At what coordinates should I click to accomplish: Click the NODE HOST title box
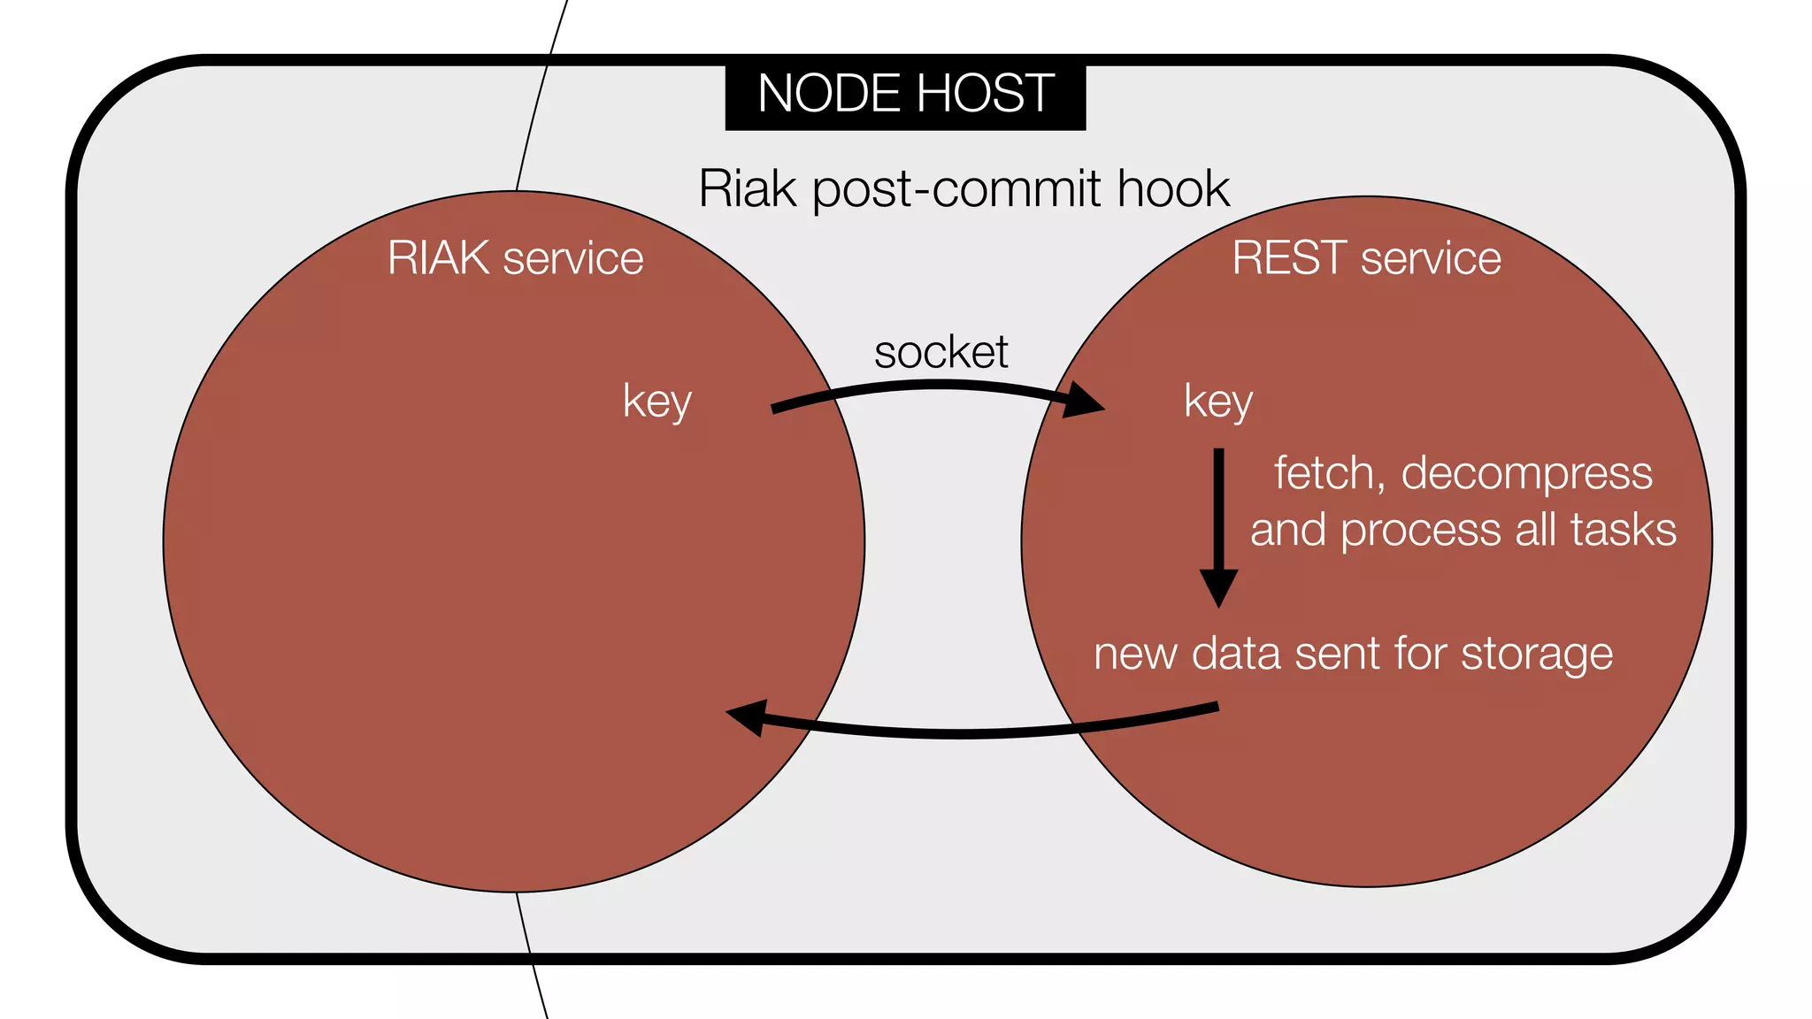[905, 96]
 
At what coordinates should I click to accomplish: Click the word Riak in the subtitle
[747, 188]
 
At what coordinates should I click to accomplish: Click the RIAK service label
[515, 258]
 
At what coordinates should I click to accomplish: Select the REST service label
[1366, 258]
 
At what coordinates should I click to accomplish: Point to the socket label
[941, 352]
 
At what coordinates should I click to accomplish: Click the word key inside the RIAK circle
[656, 402]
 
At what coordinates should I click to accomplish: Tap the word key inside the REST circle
[1218, 402]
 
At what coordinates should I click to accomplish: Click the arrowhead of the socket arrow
[1084, 400]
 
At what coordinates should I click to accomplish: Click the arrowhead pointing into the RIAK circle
[748, 716]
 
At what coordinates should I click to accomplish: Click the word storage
[1536, 655]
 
